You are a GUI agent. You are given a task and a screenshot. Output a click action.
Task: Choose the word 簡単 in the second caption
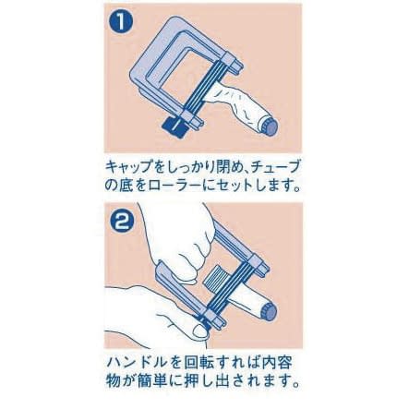(166, 379)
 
